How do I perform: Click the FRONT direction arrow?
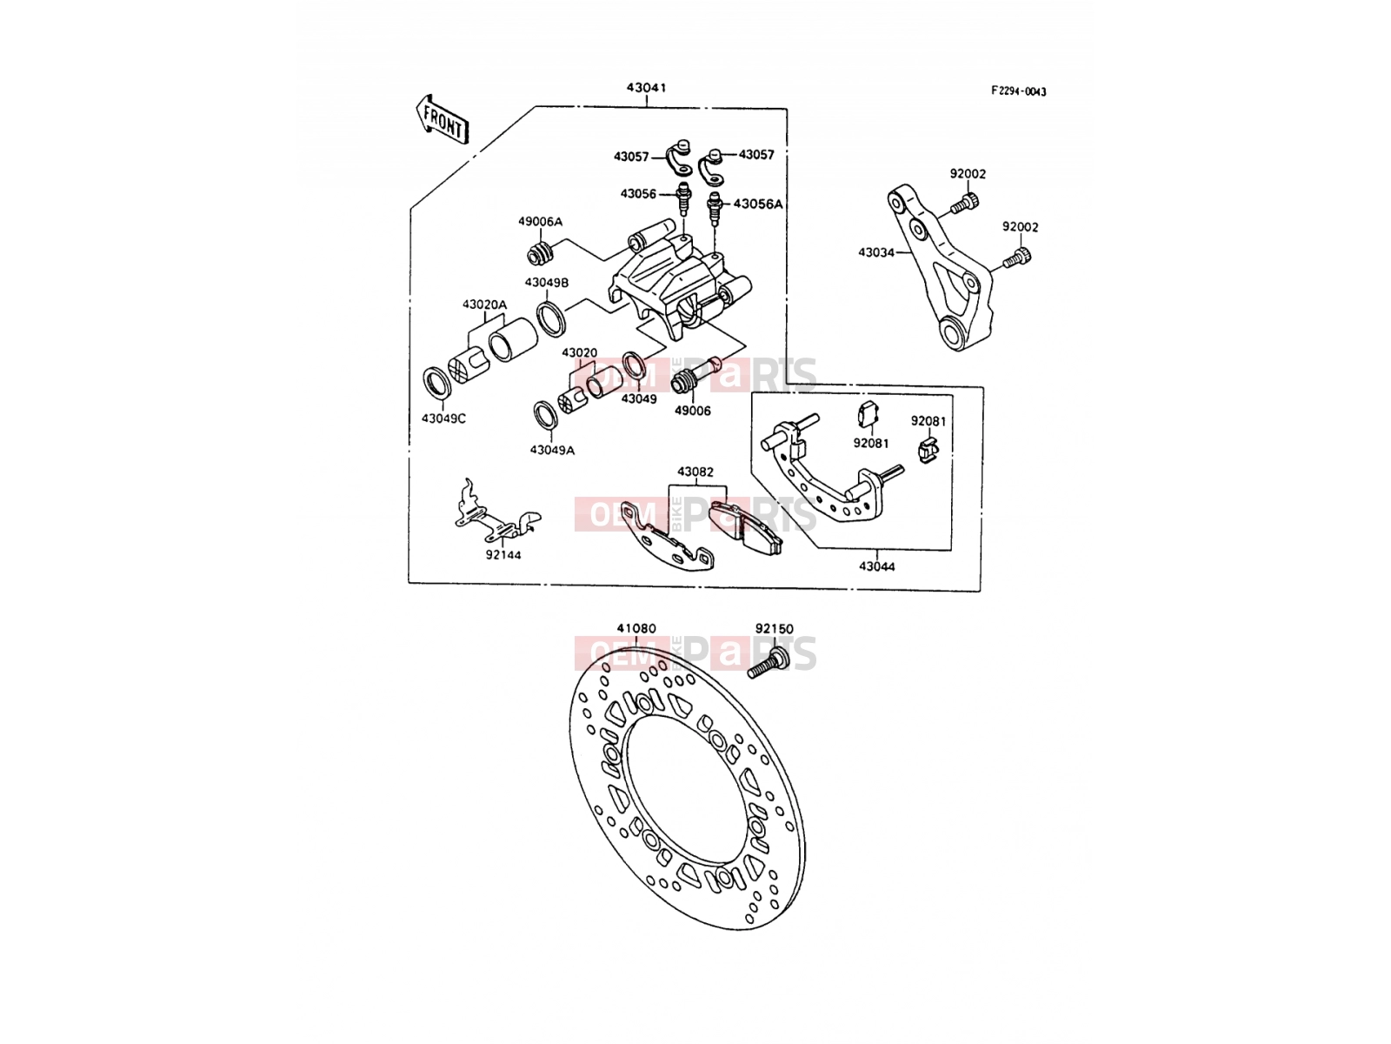(x=443, y=119)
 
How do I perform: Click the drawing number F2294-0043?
(x=1018, y=91)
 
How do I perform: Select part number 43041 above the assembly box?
(x=647, y=88)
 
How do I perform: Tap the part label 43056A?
(x=758, y=204)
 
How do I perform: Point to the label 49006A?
(x=540, y=221)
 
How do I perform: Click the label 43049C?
(x=443, y=418)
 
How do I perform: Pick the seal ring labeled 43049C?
(x=436, y=382)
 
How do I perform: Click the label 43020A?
(x=484, y=304)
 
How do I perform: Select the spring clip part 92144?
(x=496, y=512)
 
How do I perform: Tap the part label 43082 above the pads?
(x=695, y=472)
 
